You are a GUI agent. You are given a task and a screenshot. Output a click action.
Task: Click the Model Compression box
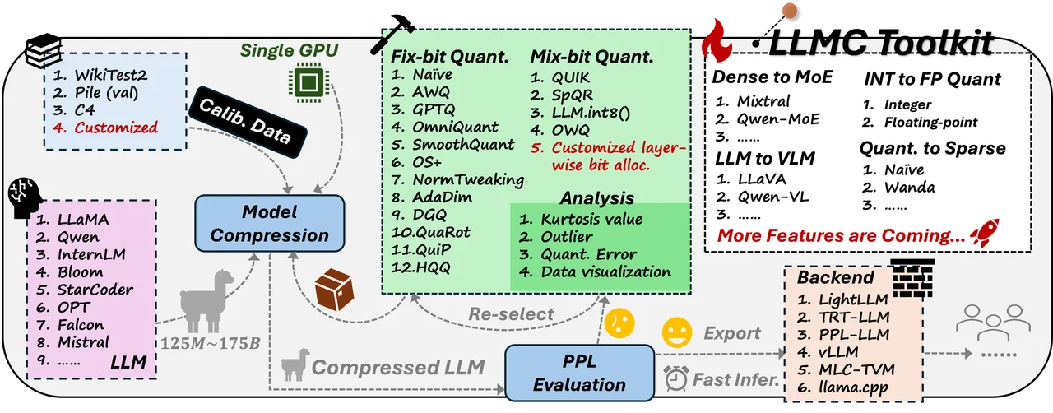click(269, 224)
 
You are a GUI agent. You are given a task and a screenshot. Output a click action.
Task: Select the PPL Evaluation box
click(580, 373)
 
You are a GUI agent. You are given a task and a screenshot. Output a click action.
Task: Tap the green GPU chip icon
click(308, 82)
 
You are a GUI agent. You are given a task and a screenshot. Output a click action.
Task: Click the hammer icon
click(392, 34)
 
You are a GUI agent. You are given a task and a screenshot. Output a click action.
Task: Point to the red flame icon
click(717, 40)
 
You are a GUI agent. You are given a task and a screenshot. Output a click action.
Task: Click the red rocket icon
click(986, 232)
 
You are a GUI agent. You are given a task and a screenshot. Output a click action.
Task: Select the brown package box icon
click(334, 290)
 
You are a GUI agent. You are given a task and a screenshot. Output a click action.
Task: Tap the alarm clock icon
click(676, 378)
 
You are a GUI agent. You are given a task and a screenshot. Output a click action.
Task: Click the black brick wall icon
click(912, 277)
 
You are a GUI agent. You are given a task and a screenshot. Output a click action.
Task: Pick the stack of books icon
click(44, 50)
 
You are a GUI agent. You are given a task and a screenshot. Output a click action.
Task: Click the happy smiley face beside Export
click(676, 332)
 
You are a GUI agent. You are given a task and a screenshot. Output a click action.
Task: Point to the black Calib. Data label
click(248, 122)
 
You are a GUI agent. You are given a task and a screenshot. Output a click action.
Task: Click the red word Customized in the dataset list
click(116, 128)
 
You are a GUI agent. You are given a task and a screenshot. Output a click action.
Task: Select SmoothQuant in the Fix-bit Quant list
click(463, 145)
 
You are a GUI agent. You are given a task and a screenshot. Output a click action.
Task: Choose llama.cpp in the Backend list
click(853, 387)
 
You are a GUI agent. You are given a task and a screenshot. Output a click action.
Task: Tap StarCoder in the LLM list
click(95, 290)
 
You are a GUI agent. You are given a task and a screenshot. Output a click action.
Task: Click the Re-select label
click(511, 313)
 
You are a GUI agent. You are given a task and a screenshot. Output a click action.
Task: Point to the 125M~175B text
click(210, 343)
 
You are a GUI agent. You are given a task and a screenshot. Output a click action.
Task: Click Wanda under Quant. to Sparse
click(909, 188)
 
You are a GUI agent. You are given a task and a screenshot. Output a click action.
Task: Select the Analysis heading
click(597, 198)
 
